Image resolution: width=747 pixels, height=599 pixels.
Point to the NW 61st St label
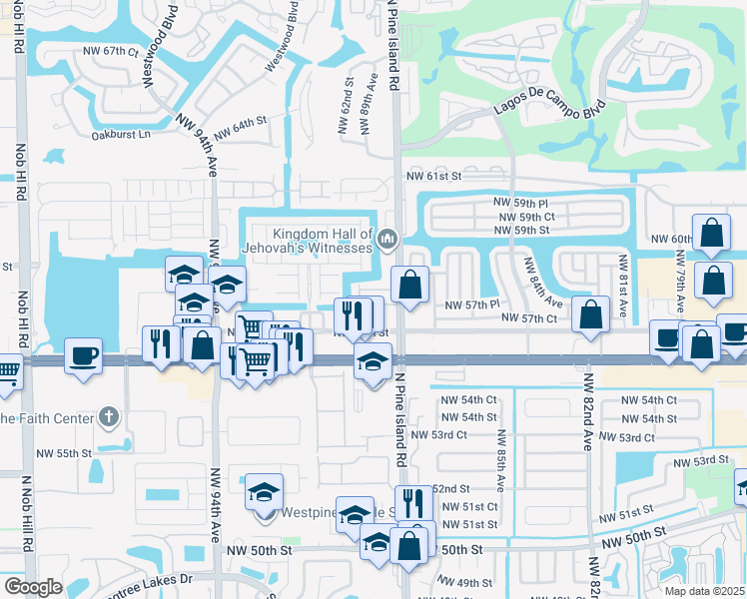tap(433, 176)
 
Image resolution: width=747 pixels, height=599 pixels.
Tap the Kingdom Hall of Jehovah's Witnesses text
tap(308, 239)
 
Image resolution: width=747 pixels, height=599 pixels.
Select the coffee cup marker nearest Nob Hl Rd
tap(83, 354)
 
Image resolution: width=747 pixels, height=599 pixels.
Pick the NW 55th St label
tap(64, 453)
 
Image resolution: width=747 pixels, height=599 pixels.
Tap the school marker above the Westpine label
tap(264, 491)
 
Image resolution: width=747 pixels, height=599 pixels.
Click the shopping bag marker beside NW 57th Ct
tap(591, 314)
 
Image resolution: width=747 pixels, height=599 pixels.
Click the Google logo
tap(33, 587)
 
